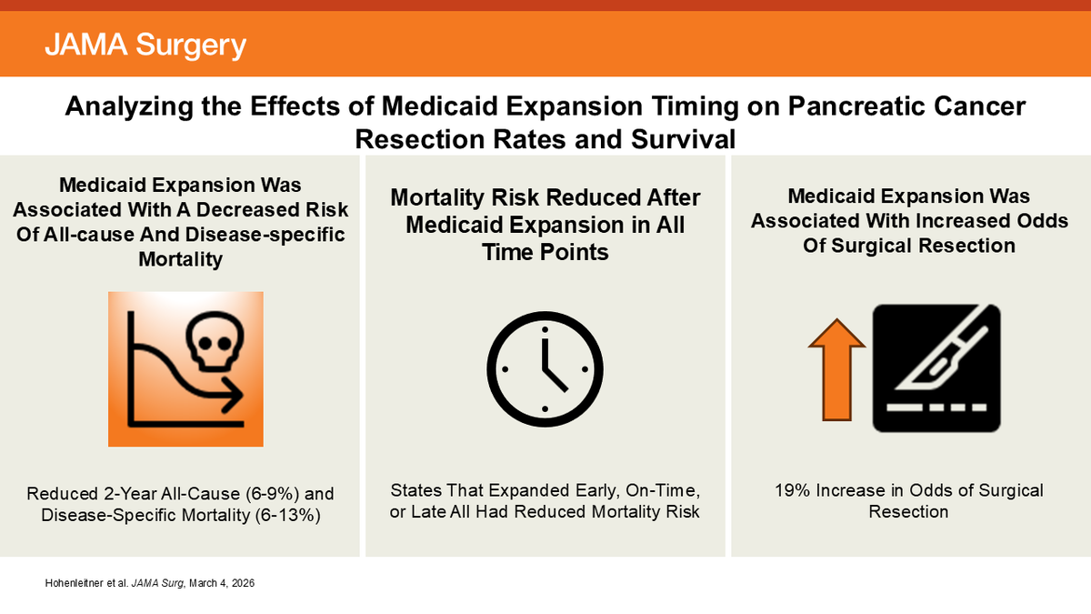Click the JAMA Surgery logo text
tap(145, 45)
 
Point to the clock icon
tap(545, 363)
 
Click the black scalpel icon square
tap(936, 368)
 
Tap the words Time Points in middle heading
tap(545, 252)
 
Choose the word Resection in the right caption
tap(908, 512)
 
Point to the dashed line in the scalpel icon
tap(936, 405)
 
